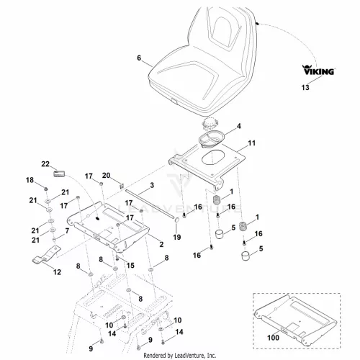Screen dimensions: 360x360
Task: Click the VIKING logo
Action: point(318,70)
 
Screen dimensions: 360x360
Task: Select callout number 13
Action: point(305,87)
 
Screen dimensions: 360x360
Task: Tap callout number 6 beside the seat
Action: point(139,58)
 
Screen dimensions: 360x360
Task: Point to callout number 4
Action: point(239,126)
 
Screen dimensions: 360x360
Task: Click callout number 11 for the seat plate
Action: point(251,143)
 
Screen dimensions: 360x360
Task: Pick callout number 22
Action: point(45,164)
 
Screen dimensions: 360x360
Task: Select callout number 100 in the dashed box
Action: point(273,338)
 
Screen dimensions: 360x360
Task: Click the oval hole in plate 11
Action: point(212,158)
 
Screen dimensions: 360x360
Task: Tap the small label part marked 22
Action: point(59,174)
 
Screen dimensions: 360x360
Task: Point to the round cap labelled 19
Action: point(176,220)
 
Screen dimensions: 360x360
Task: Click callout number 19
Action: point(177,237)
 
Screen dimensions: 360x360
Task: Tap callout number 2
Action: point(161,244)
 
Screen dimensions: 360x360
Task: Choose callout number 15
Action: point(130,266)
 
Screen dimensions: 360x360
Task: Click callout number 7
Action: point(67,230)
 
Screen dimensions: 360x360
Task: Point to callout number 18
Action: point(30,180)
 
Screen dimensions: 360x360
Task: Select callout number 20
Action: point(106,176)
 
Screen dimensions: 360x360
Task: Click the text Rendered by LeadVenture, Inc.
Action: point(180,355)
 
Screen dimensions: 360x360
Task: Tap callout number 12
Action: point(57,272)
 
